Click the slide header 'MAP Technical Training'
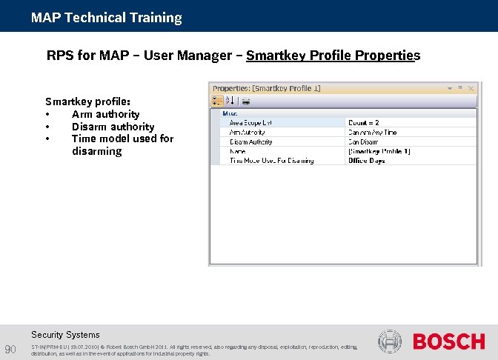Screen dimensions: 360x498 [106, 17]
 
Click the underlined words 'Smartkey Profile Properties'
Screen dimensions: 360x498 [333, 56]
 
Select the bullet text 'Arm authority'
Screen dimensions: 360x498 [105, 114]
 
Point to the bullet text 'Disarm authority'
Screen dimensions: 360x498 [113, 127]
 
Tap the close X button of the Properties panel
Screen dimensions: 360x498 [470, 88]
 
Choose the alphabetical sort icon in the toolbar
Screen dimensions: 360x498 [230, 101]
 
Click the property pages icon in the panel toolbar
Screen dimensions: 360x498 [246, 101]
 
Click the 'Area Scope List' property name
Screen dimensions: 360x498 [251, 122]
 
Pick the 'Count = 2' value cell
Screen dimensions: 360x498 [364, 122]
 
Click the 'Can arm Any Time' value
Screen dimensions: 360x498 [372, 132]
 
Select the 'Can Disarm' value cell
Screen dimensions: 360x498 [363, 141]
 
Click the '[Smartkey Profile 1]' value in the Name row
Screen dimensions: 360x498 [379, 151]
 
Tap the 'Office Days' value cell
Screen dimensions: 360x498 [366, 160]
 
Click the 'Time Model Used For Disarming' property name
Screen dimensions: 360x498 [271, 160]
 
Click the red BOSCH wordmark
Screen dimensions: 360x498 [448, 341]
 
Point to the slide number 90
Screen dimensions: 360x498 [10, 349]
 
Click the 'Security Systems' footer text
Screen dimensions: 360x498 [65, 335]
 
